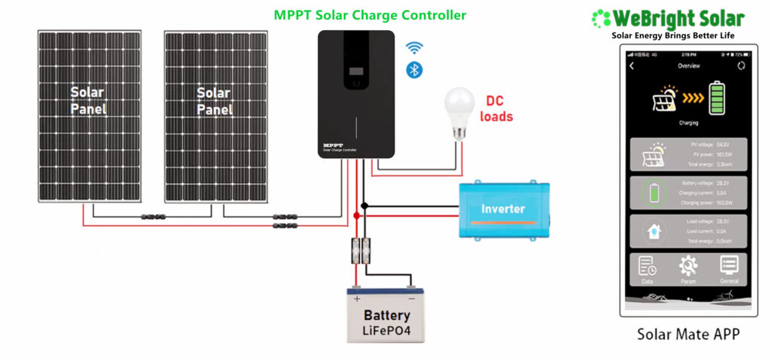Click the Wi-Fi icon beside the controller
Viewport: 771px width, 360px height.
coord(413,47)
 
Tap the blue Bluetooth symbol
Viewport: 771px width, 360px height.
coord(413,69)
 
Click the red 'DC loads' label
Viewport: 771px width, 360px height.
coord(498,108)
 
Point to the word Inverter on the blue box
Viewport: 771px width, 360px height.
coord(503,208)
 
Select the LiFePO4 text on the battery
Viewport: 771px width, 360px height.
coord(387,331)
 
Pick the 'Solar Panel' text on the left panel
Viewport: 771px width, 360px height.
coord(87,101)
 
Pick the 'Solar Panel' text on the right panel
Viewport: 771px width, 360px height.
coord(214,101)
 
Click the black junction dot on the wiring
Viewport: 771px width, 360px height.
coord(364,205)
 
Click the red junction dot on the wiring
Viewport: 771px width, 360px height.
coord(356,216)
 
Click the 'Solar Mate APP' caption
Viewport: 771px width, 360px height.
coord(688,334)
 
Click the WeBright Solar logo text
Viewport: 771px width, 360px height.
coord(678,18)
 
